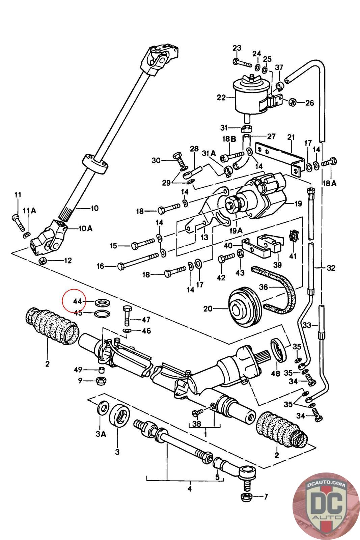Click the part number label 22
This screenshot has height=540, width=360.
pos(221,98)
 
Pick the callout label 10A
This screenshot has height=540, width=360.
pos(85,228)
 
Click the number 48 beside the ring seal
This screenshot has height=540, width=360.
pos(276,374)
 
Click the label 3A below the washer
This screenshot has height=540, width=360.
pos(101,434)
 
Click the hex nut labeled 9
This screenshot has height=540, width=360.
pos(101,381)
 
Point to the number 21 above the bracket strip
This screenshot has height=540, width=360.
pos(291,138)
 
